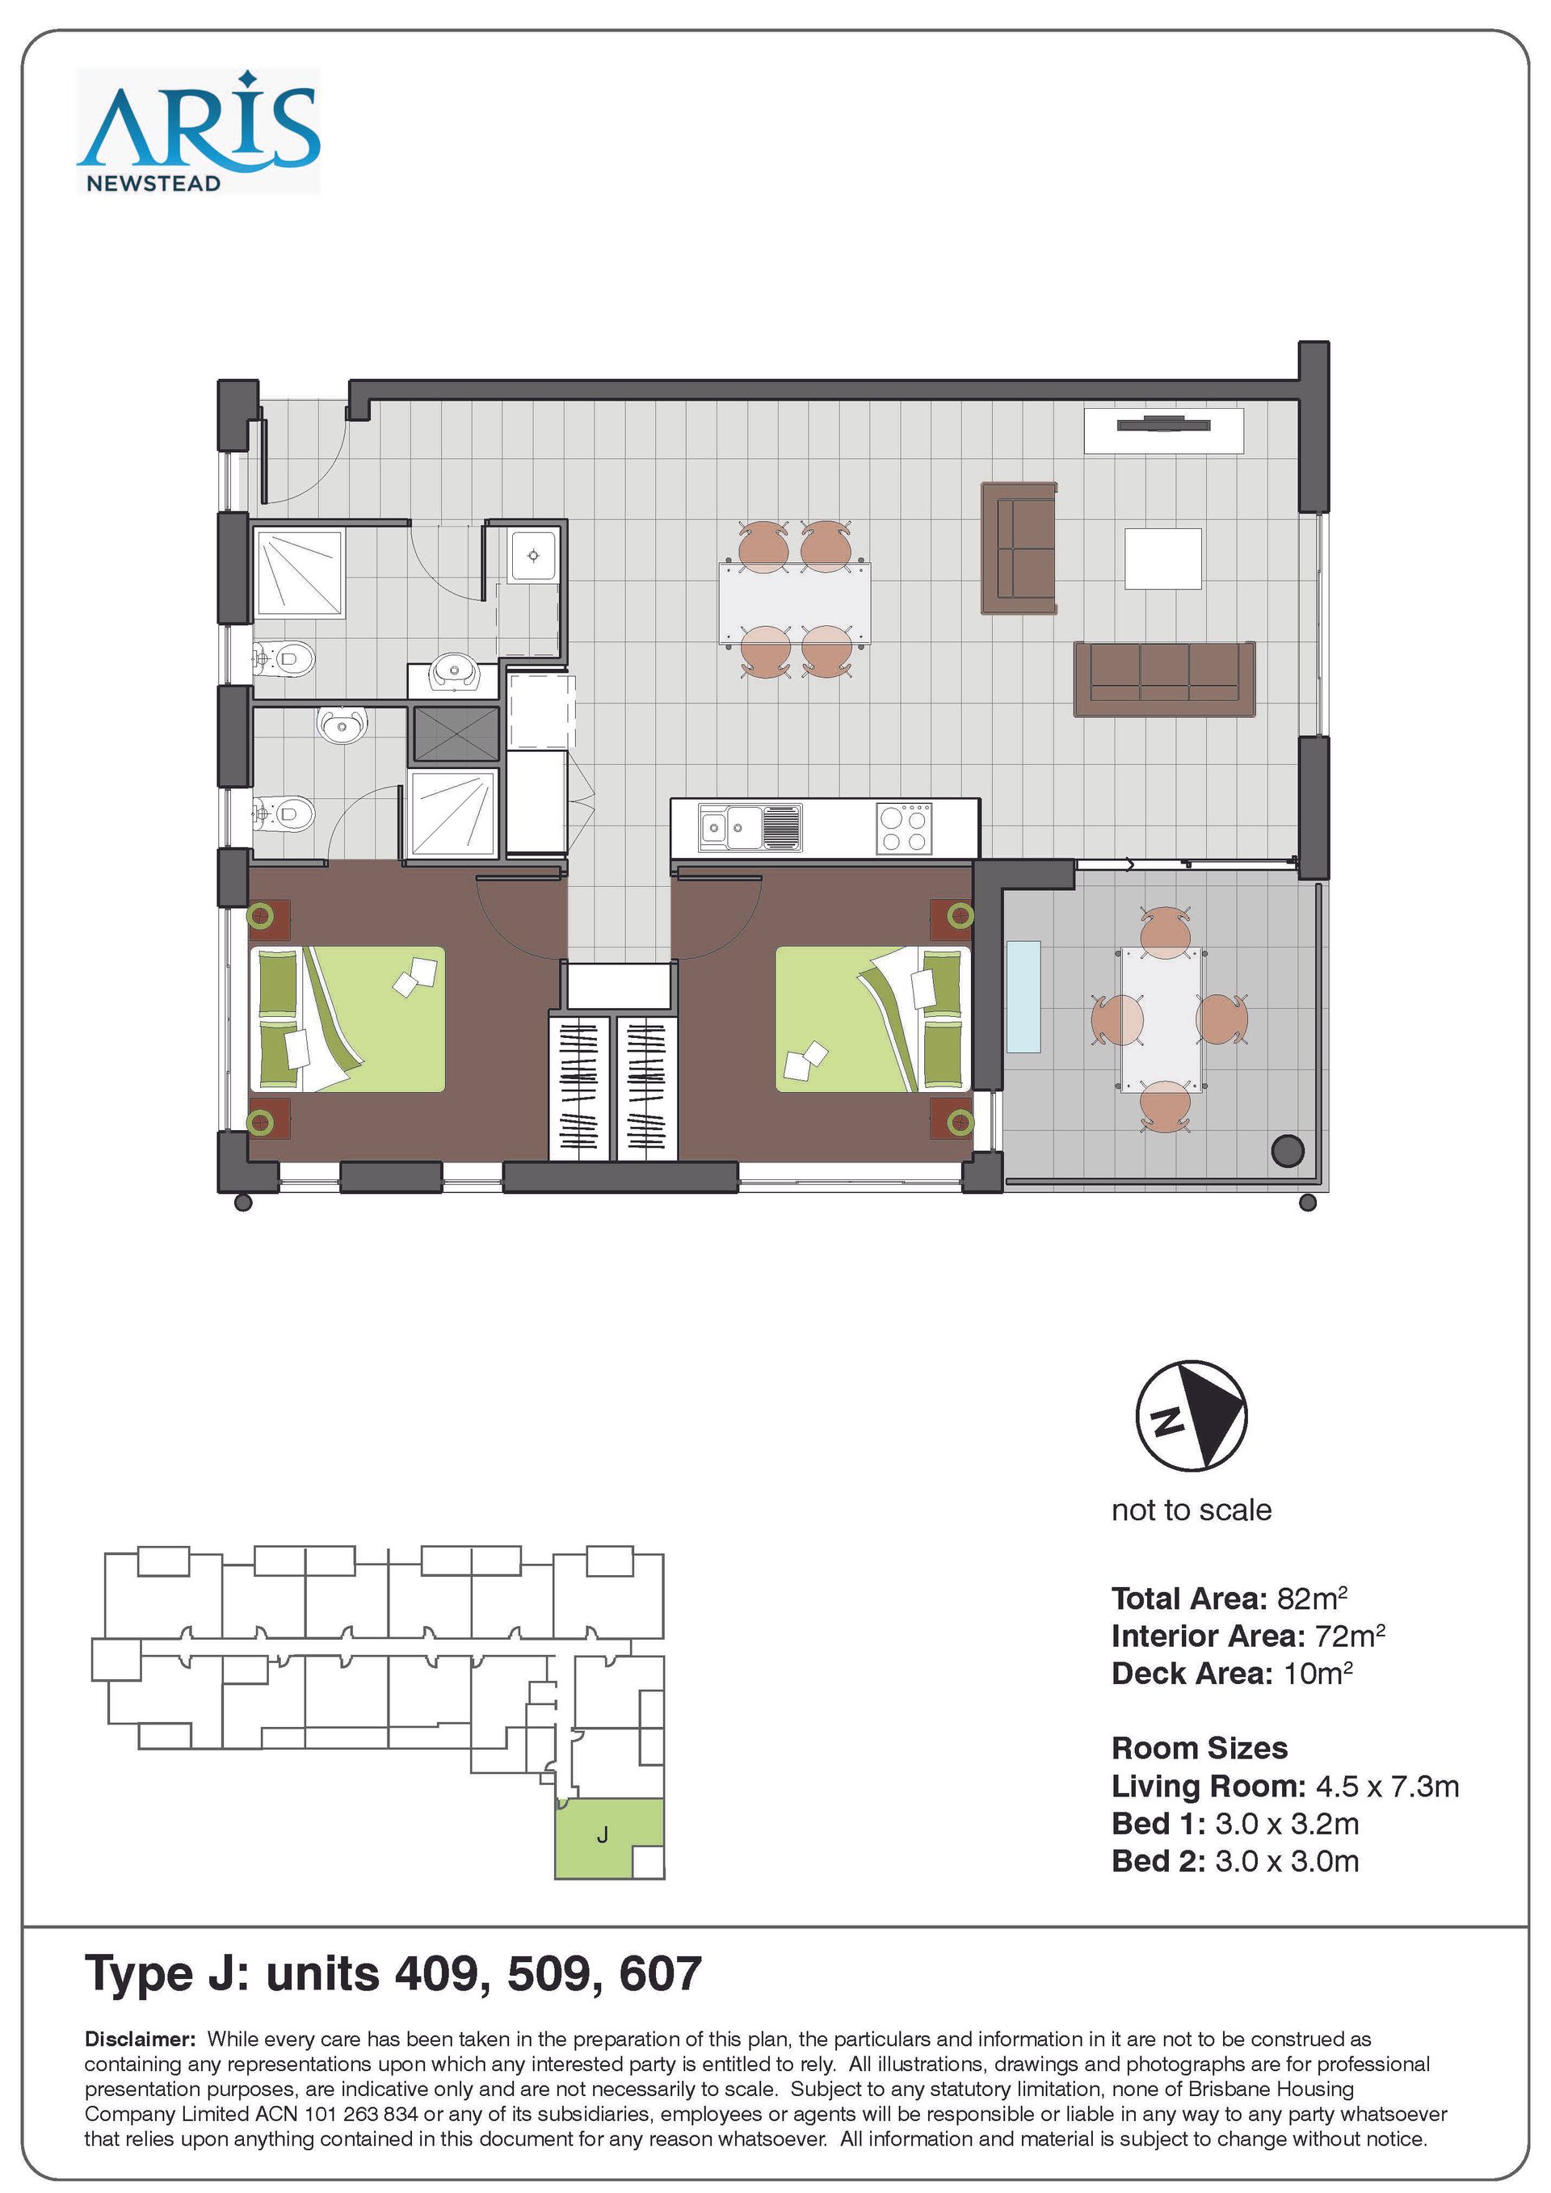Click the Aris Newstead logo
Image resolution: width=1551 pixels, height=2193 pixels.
(199, 132)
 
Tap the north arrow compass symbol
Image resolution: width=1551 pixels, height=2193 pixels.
(1191, 1414)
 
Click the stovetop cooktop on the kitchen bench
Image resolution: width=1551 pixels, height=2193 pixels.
(903, 828)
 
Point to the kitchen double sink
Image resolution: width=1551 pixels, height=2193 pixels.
(750, 827)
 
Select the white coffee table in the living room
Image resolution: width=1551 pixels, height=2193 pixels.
(1162, 559)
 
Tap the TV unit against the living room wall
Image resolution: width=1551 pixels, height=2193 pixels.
(1164, 431)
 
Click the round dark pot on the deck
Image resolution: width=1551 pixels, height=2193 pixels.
(1288, 1151)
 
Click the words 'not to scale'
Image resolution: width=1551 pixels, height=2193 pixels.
(1191, 1510)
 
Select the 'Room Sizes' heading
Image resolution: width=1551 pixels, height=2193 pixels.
(1200, 1748)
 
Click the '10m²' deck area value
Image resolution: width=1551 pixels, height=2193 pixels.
(1318, 1674)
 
